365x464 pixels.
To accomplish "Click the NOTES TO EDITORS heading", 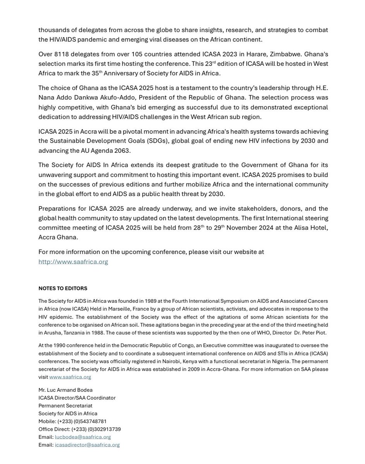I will click(x=63, y=288).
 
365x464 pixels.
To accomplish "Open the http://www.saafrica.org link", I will click(x=73, y=262).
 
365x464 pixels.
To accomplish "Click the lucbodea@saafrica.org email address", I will click(x=83, y=437).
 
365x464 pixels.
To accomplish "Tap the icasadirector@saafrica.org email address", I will click(x=87, y=445).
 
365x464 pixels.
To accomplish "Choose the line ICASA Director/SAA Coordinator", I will click(x=77, y=398).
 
